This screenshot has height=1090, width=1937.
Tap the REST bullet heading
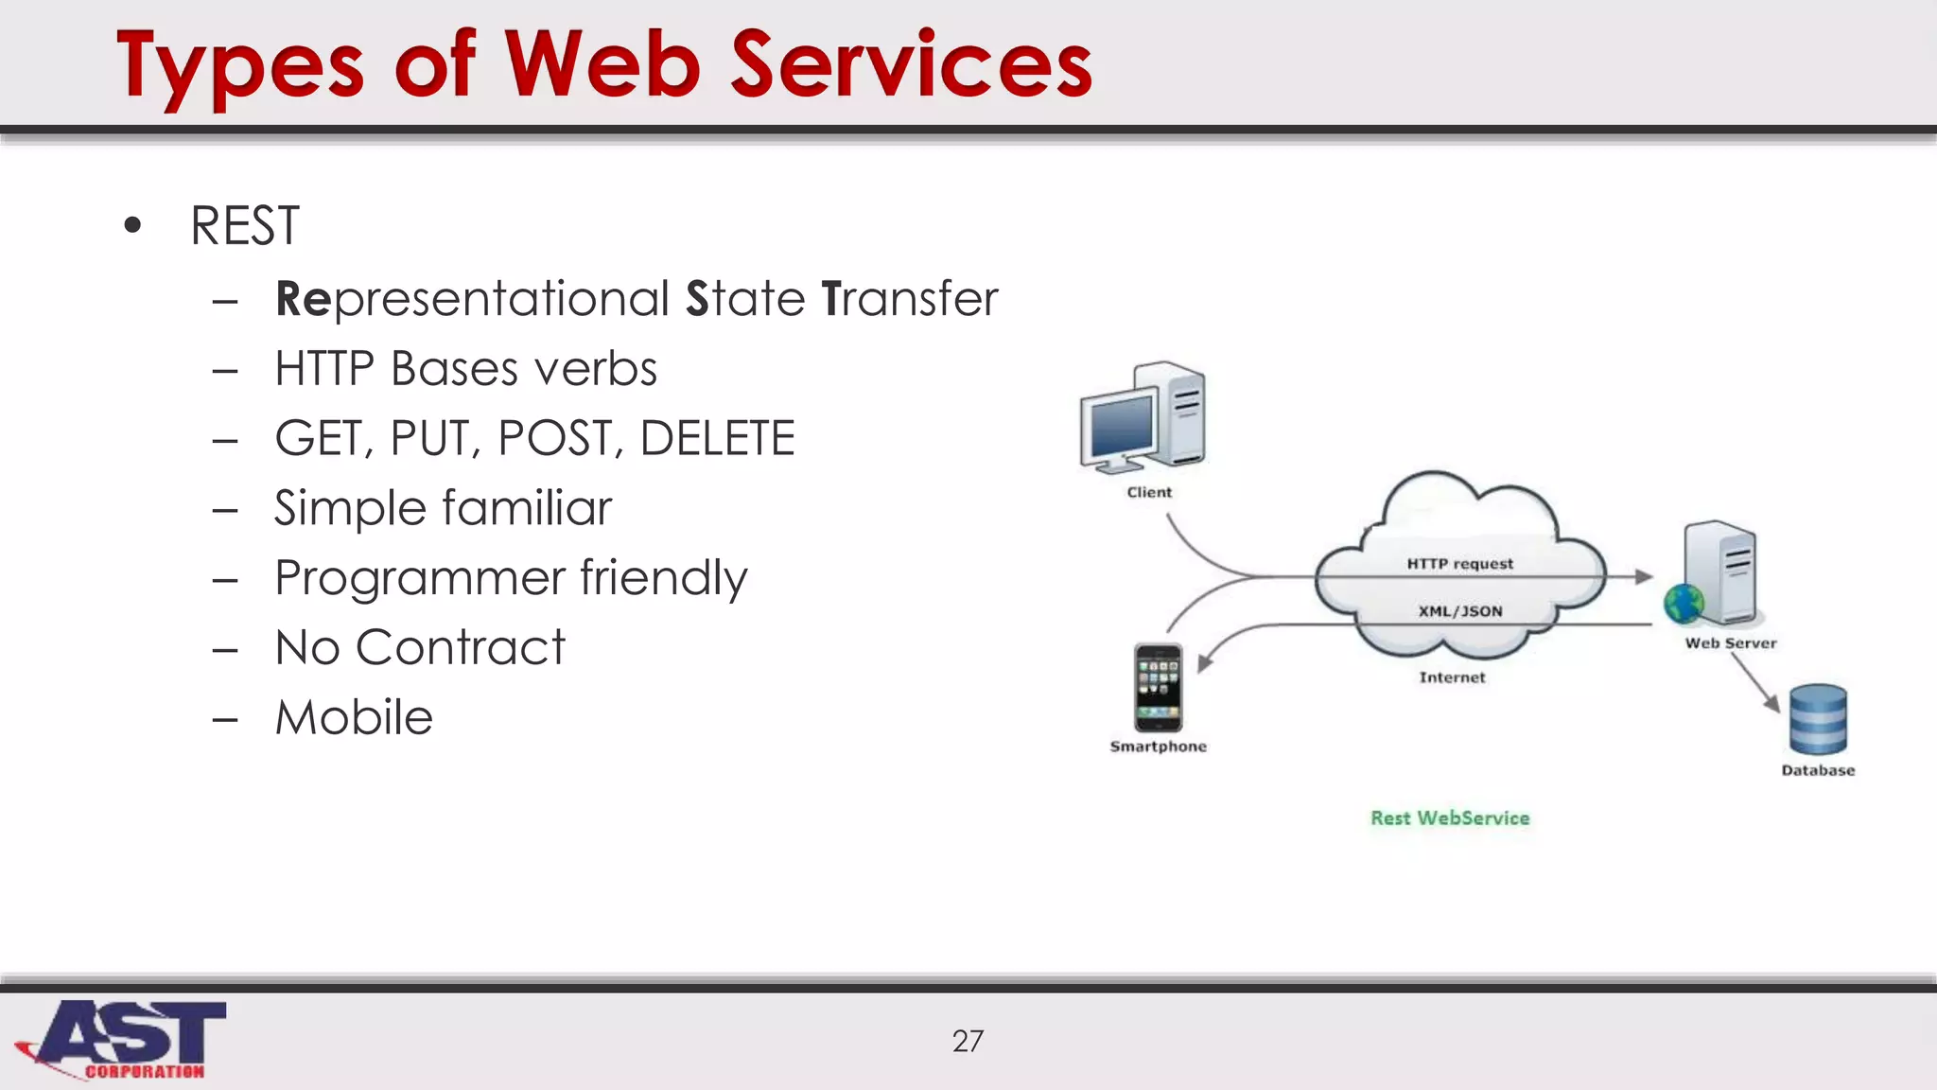[244, 226]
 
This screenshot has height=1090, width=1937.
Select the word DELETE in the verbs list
[717, 438]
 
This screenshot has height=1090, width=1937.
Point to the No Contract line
[419, 648]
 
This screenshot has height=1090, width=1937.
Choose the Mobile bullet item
[354, 717]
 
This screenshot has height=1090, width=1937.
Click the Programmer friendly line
[511, 578]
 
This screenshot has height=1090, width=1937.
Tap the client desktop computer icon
[1143, 418]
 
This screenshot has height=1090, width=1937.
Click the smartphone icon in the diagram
[1158, 688]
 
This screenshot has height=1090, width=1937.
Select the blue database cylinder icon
[1818, 719]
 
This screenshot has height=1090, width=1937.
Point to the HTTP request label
[1459, 564]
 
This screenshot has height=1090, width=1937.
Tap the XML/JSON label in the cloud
[1459, 611]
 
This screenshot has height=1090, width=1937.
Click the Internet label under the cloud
[1452, 677]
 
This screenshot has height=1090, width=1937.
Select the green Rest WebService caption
[1450, 818]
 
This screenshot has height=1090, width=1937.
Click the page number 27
[968, 1042]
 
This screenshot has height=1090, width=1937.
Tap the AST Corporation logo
[123, 1039]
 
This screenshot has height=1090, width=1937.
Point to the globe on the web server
[1684, 604]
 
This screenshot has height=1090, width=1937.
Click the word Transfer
[910, 299]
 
